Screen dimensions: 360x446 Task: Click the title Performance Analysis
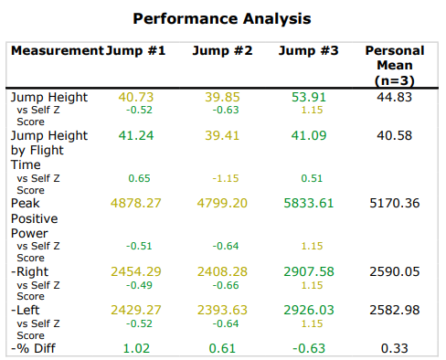click(221, 18)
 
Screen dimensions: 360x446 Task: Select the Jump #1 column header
click(135, 51)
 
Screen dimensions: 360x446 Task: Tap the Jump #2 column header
click(222, 51)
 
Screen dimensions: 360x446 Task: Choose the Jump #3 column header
click(308, 51)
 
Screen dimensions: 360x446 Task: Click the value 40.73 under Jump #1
click(135, 96)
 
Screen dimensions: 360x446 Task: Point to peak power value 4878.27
click(135, 202)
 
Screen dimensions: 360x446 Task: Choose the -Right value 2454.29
click(135, 271)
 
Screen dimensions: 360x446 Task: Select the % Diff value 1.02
click(135, 347)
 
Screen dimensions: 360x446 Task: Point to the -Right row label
click(30, 271)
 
